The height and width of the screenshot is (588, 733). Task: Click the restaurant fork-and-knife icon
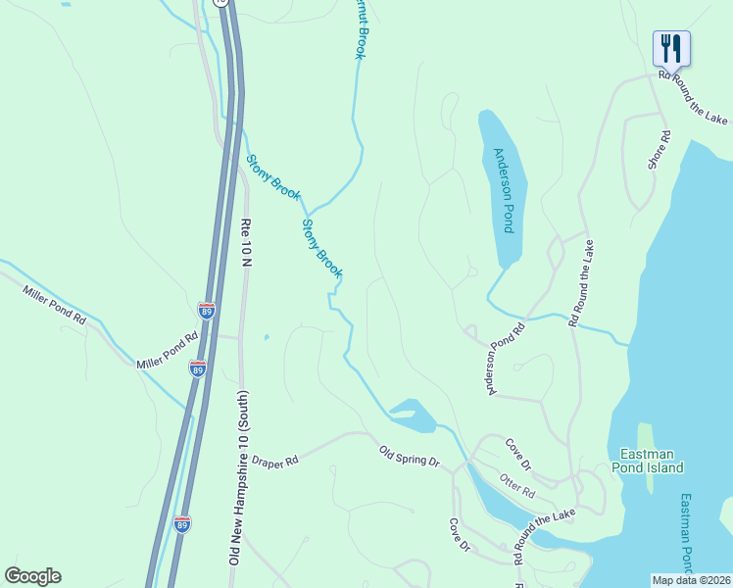point(671,46)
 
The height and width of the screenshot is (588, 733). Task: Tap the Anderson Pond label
point(503,190)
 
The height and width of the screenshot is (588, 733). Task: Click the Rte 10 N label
point(247,243)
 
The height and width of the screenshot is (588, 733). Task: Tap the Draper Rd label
point(273,461)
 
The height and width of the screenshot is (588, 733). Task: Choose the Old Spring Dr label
point(410,456)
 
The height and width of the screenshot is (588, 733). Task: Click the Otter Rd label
point(516,484)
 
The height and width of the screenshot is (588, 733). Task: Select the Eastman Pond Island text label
point(652,461)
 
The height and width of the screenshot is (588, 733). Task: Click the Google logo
point(32,576)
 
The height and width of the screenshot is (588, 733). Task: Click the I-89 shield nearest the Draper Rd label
point(182,524)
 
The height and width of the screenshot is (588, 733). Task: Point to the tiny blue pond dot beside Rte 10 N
point(266,338)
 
